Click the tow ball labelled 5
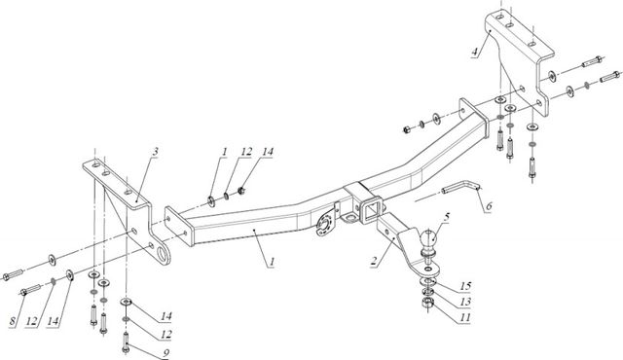click(x=428, y=239)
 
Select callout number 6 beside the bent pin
click(x=489, y=206)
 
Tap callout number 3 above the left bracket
click(x=156, y=151)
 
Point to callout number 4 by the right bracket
click(x=474, y=52)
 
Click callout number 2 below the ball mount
click(x=374, y=261)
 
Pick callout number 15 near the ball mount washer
click(x=465, y=286)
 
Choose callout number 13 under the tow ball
click(x=465, y=302)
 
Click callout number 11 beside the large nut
click(x=465, y=317)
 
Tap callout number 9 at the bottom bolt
click(x=165, y=353)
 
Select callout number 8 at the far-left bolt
click(x=13, y=321)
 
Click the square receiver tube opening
click(x=370, y=210)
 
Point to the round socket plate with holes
click(x=324, y=225)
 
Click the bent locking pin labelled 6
click(x=462, y=187)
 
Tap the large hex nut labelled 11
click(x=427, y=304)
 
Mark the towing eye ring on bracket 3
click(x=164, y=254)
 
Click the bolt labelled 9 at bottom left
click(x=126, y=342)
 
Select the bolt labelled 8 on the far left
click(x=30, y=290)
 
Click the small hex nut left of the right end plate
click(x=407, y=129)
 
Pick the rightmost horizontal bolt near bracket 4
click(x=610, y=77)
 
